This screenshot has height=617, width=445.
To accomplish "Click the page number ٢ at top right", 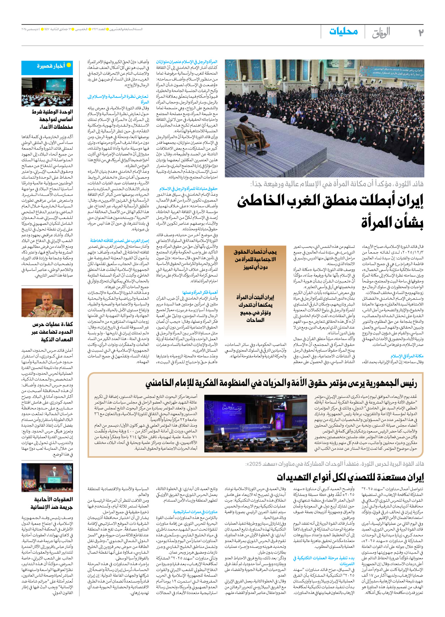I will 420,32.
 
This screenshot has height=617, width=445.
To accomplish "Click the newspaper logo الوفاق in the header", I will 381,32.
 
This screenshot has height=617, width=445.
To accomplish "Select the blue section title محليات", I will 343,32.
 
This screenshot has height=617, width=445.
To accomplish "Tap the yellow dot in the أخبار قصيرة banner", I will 69,65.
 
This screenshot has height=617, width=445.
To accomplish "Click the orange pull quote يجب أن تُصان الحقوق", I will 255,259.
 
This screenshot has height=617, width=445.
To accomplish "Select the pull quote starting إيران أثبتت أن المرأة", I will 255,308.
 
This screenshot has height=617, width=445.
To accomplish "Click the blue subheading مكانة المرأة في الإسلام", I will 407,356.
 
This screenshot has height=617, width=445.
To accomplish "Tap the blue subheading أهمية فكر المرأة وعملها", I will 200,292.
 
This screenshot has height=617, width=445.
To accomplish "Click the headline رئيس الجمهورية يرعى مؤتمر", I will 281,383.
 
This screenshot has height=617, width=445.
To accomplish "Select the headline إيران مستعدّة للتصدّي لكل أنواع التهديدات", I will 351,477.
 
